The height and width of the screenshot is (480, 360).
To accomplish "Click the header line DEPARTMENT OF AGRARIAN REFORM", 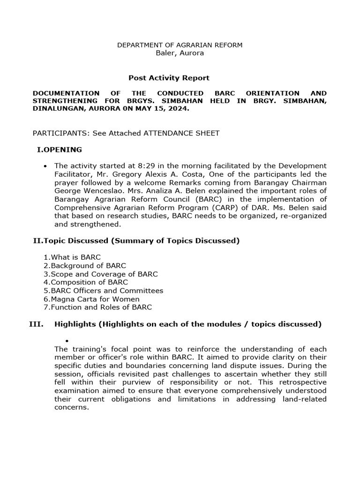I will (180, 45).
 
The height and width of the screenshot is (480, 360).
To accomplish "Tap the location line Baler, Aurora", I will (180, 53).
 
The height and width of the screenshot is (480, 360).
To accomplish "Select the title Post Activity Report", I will (169, 78).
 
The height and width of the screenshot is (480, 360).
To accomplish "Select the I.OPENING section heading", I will (59, 150).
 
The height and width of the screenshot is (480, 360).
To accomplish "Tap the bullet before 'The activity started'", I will (45, 166).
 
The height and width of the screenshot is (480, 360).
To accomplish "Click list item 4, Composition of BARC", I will (86, 282).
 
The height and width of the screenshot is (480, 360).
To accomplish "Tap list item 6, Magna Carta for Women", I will (91, 299).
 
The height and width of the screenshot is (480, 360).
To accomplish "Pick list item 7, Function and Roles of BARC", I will (97, 307).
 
